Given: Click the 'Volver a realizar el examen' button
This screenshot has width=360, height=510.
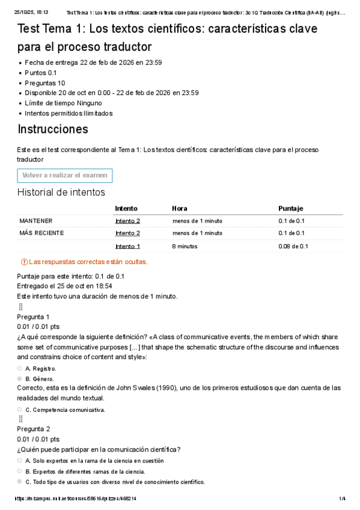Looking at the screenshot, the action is [65, 176].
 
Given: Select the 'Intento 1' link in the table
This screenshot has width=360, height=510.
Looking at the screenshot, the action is [127, 246].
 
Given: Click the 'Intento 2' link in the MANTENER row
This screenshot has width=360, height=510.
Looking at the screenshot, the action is [127, 221].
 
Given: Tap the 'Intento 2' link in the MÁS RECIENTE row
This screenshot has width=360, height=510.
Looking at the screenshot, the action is [127, 233].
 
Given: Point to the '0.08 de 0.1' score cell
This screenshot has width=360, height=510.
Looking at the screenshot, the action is [293, 246].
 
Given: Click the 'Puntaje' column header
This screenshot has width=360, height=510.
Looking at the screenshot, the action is [290, 208].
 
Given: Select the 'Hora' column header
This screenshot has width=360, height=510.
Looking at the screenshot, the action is [179, 208].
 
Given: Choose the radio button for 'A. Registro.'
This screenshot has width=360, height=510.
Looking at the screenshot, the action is [20, 368].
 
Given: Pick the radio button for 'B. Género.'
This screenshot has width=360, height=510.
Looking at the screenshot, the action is [20, 379].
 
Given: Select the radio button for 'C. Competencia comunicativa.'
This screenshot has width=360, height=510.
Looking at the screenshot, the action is [20, 410].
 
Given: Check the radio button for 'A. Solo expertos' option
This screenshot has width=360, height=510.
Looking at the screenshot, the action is [20, 461].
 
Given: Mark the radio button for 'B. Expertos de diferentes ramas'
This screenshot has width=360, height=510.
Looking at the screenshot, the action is [20, 472].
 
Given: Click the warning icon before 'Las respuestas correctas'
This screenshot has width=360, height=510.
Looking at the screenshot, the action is [24, 262].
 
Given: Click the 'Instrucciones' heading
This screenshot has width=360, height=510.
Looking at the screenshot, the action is [53, 129].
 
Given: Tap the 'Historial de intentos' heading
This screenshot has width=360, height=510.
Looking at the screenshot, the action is [61, 192].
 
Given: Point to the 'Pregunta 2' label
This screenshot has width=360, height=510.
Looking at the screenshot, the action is [33, 429].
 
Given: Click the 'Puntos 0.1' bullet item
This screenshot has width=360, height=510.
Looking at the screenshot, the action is [41, 73].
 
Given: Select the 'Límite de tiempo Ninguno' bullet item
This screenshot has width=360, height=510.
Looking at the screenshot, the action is [63, 103].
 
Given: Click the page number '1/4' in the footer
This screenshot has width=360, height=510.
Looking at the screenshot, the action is [342, 499].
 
